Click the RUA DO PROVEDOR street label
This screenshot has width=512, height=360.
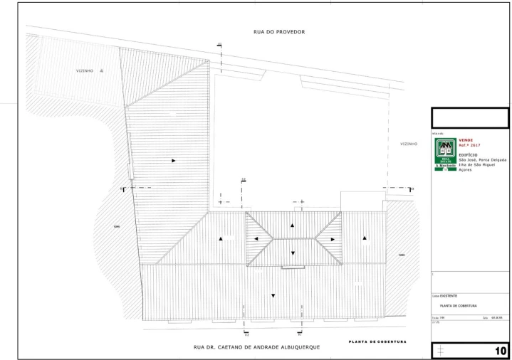click(269, 32)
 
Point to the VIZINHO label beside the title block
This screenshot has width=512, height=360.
click(408, 144)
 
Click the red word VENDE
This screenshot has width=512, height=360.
click(466, 139)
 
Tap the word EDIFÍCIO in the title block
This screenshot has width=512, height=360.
click(468, 154)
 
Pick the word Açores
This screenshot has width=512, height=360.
click(466, 171)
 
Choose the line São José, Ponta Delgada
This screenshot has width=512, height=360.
click(482, 160)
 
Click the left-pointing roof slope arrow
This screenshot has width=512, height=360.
click(254, 240)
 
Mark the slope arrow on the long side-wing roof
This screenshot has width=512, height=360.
click(173, 162)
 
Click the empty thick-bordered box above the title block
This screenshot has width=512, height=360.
click(471, 117)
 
